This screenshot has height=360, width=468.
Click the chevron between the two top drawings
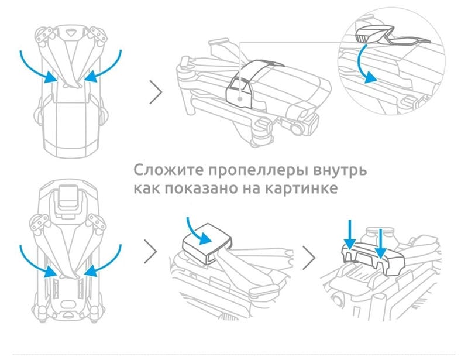click(156, 92)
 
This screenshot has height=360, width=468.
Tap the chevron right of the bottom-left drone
click(151, 251)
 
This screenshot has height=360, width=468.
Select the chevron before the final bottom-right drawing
click(309, 258)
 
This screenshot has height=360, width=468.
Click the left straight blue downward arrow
click(350, 235)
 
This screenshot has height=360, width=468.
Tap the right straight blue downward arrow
click(380, 244)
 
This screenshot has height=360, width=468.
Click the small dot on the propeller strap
click(240, 98)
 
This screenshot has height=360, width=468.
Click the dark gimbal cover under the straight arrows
click(373, 257)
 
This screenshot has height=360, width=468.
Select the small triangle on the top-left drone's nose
click(70, 32)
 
